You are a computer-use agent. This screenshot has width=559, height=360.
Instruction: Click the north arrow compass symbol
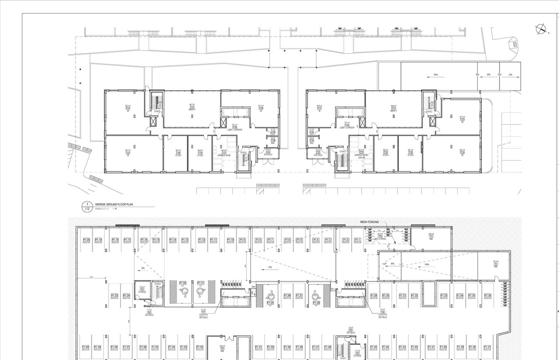541,30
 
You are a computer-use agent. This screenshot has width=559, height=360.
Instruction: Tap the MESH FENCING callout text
369,222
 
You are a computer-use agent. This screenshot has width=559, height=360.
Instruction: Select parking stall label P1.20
86,240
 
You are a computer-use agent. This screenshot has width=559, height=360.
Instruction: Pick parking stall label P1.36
487,295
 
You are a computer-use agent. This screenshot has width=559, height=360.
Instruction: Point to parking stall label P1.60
86,347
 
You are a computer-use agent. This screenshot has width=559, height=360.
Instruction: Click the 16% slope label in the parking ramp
426,264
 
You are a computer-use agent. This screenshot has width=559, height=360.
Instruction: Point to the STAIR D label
429,112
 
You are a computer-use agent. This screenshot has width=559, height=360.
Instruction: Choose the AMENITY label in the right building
393,111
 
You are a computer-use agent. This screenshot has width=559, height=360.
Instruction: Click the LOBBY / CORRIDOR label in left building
235,130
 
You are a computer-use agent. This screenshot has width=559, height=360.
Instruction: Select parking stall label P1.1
358,240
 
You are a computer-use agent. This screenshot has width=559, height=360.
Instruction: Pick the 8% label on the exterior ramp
489,75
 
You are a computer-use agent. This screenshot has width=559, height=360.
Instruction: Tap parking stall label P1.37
487,347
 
